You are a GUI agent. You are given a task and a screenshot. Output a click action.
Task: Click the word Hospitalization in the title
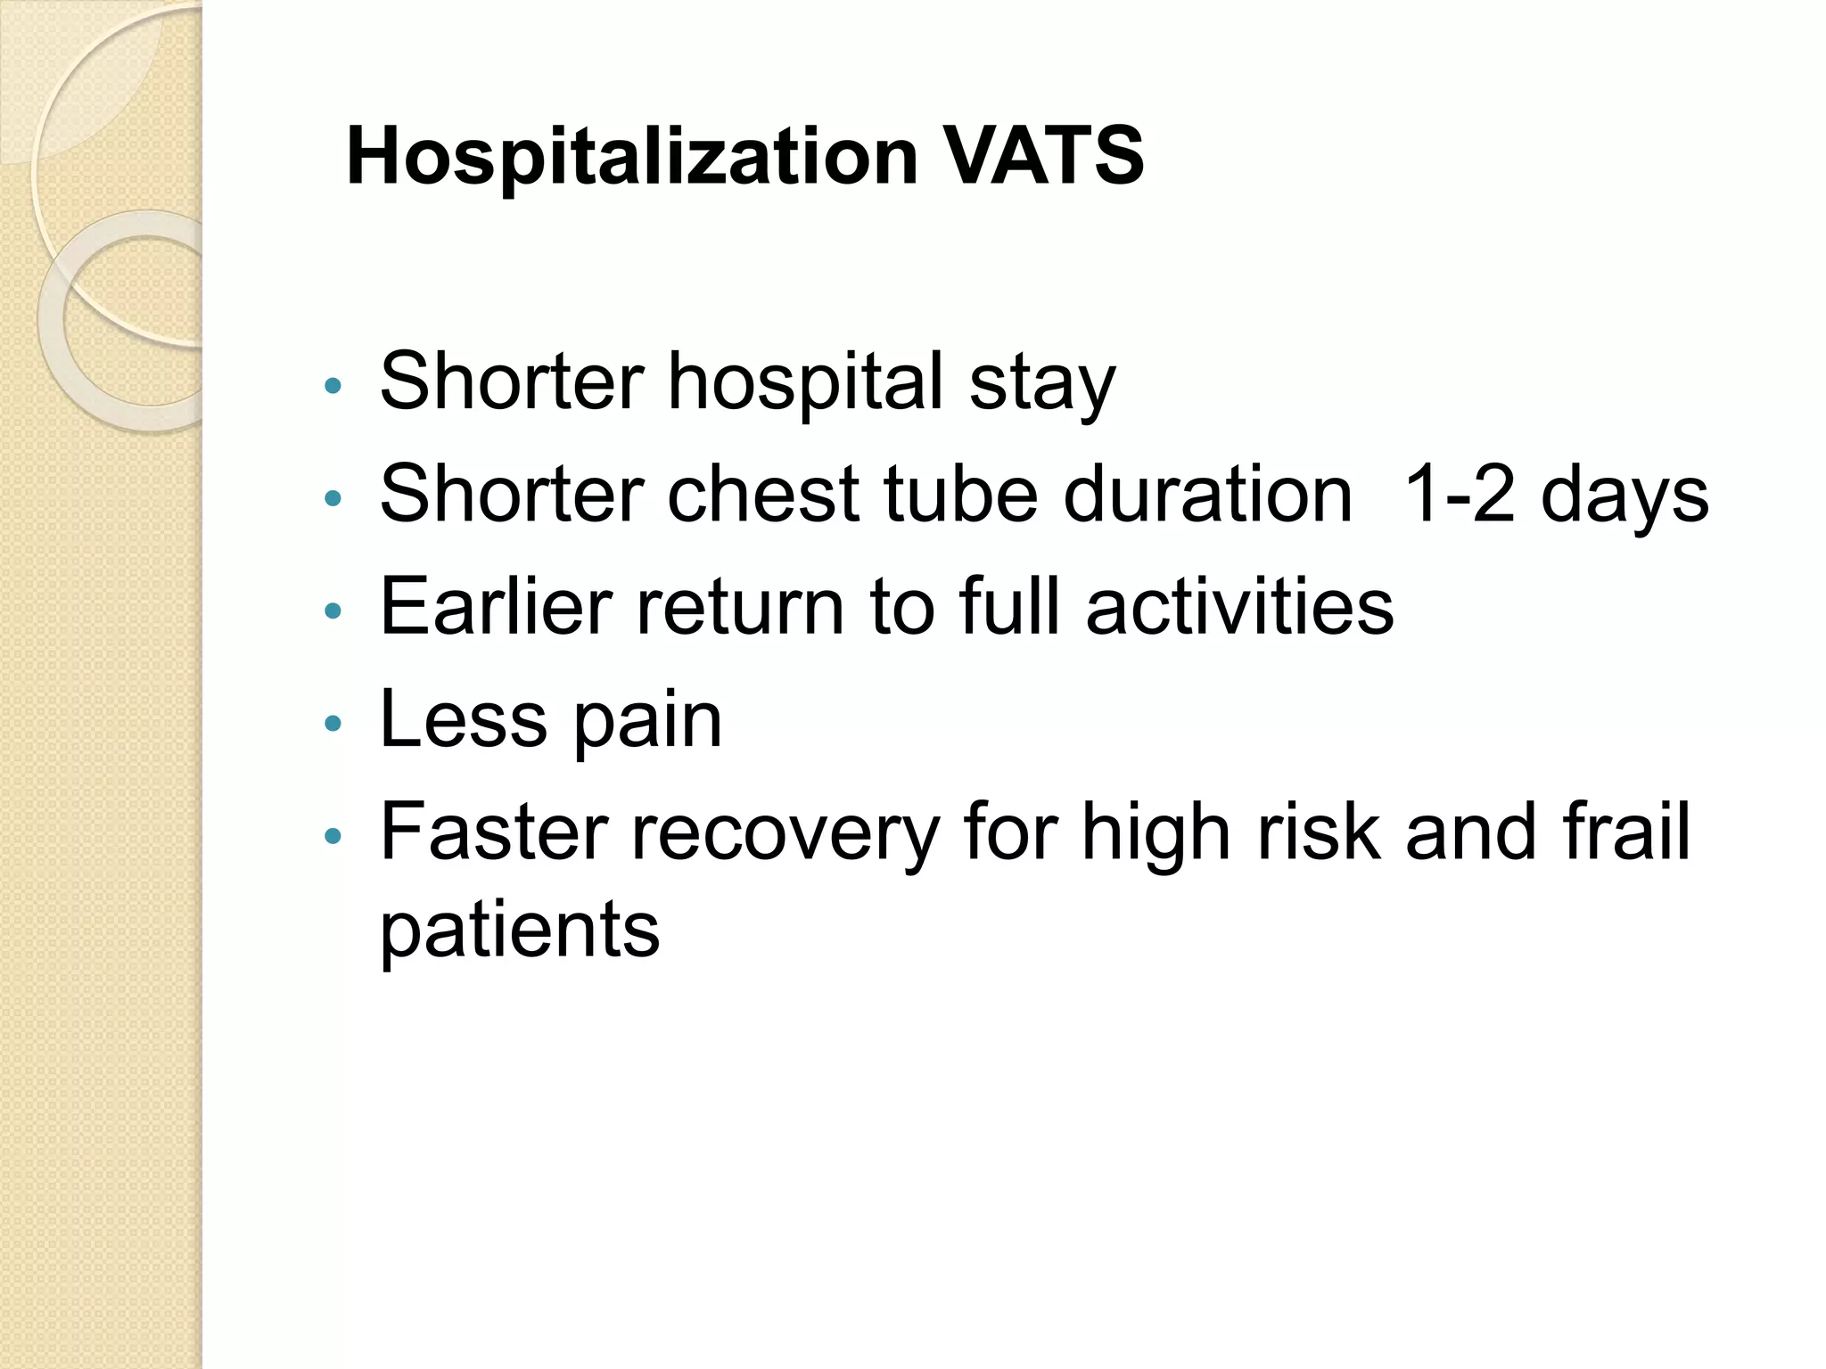pyautogui.click(x=631, y=157)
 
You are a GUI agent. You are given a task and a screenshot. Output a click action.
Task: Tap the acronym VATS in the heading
pyautogui.click(x=1044, y=157)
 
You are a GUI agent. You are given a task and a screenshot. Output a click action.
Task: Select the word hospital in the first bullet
pyautogui.click(x=805, y=383)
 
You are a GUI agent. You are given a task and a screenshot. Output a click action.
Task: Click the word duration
pyautogui.click(x=1208, y=495)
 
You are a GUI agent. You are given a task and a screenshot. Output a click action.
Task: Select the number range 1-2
pyautogui.click(x=1459, y=495)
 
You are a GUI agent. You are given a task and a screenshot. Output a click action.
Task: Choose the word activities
pyautogui.click(x=1239, y=607)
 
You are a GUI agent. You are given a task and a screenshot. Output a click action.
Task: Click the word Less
pyautogui.click(x=463, y=719)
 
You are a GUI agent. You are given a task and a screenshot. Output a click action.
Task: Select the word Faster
pyautogui.click(x=493, y=832)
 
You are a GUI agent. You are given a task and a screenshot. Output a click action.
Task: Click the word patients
pyautogui.click(x=520, y=930)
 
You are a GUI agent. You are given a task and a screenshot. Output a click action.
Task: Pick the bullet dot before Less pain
pyautogui.click(x=333, y=723)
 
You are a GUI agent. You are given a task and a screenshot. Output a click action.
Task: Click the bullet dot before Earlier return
pyautogui.click(x=333, y=611)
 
